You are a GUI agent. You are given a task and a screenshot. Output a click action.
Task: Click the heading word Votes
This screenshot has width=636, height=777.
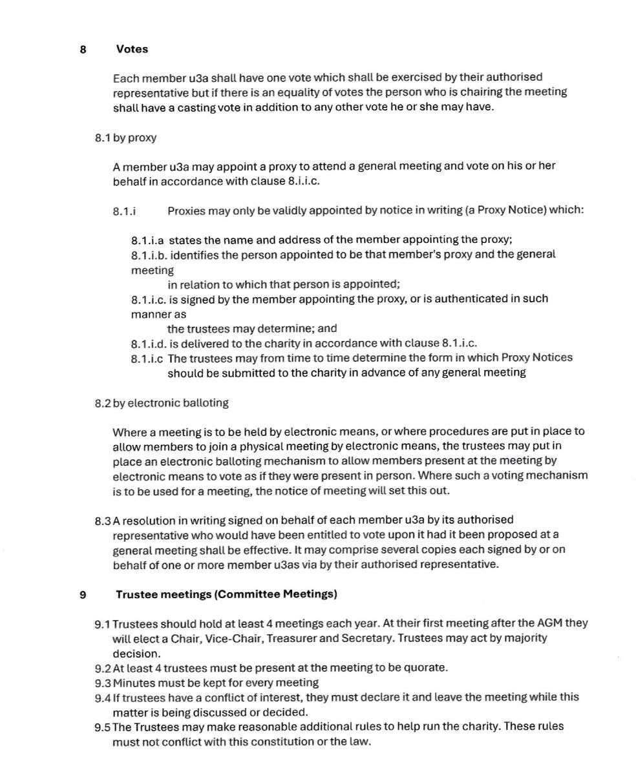click(x=132, y=49)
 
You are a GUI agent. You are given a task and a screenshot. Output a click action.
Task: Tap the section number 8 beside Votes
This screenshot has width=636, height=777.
click(x=83, y=49)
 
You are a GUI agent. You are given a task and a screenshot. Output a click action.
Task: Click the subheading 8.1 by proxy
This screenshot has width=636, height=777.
click(x=125, y=138)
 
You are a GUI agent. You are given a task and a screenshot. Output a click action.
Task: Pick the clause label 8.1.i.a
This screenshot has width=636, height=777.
click(x=147, y=240)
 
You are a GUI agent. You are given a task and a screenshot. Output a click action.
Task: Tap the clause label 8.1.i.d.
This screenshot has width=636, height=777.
click(x=149, y=343)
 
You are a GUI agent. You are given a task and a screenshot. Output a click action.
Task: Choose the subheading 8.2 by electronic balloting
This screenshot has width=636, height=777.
click(x=162, y=403)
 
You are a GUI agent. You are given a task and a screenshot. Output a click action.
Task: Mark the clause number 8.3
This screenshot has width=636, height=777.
click(x=103, y=520)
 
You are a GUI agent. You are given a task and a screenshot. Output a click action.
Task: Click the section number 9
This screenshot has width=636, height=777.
click(x=83, y=594)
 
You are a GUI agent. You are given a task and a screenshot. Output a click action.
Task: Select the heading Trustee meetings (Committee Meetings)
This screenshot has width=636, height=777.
click(x=226, y=594)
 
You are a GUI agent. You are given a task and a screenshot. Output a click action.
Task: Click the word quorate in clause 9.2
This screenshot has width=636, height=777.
click(x=424, y=668)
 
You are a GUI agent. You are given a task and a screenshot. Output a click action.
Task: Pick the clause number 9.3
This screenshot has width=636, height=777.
click(x=103, y=683)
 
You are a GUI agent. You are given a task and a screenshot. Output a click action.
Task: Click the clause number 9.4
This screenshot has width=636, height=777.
click(x=103, y=698)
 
